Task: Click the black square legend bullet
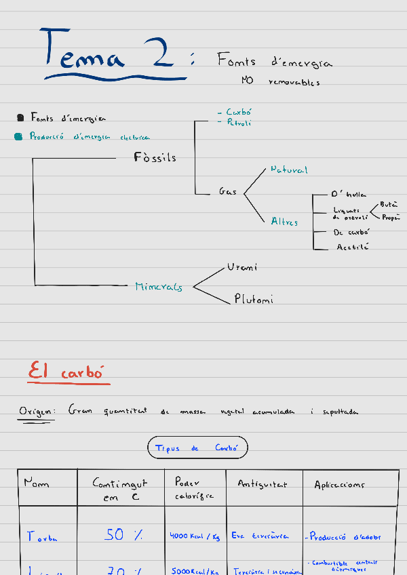pos(20,118)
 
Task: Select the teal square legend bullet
pos(19,136)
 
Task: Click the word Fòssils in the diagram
pos(155,157)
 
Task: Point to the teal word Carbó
pos(238,112)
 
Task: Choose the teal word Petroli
pos(239,123)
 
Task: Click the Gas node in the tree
pos(227,192)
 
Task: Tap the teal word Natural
pos(289,170)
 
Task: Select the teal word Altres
pos(284,222)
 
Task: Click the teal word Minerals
pos(159,287)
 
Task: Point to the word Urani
pos(242,267)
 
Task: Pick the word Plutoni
pos(254,298)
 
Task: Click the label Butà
pos(389,204)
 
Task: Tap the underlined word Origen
pos(34,411)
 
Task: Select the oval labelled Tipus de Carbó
pos(197,448)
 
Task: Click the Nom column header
pos(37,483)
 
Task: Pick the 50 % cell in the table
pos(123,535)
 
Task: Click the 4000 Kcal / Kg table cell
pos(195,536)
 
